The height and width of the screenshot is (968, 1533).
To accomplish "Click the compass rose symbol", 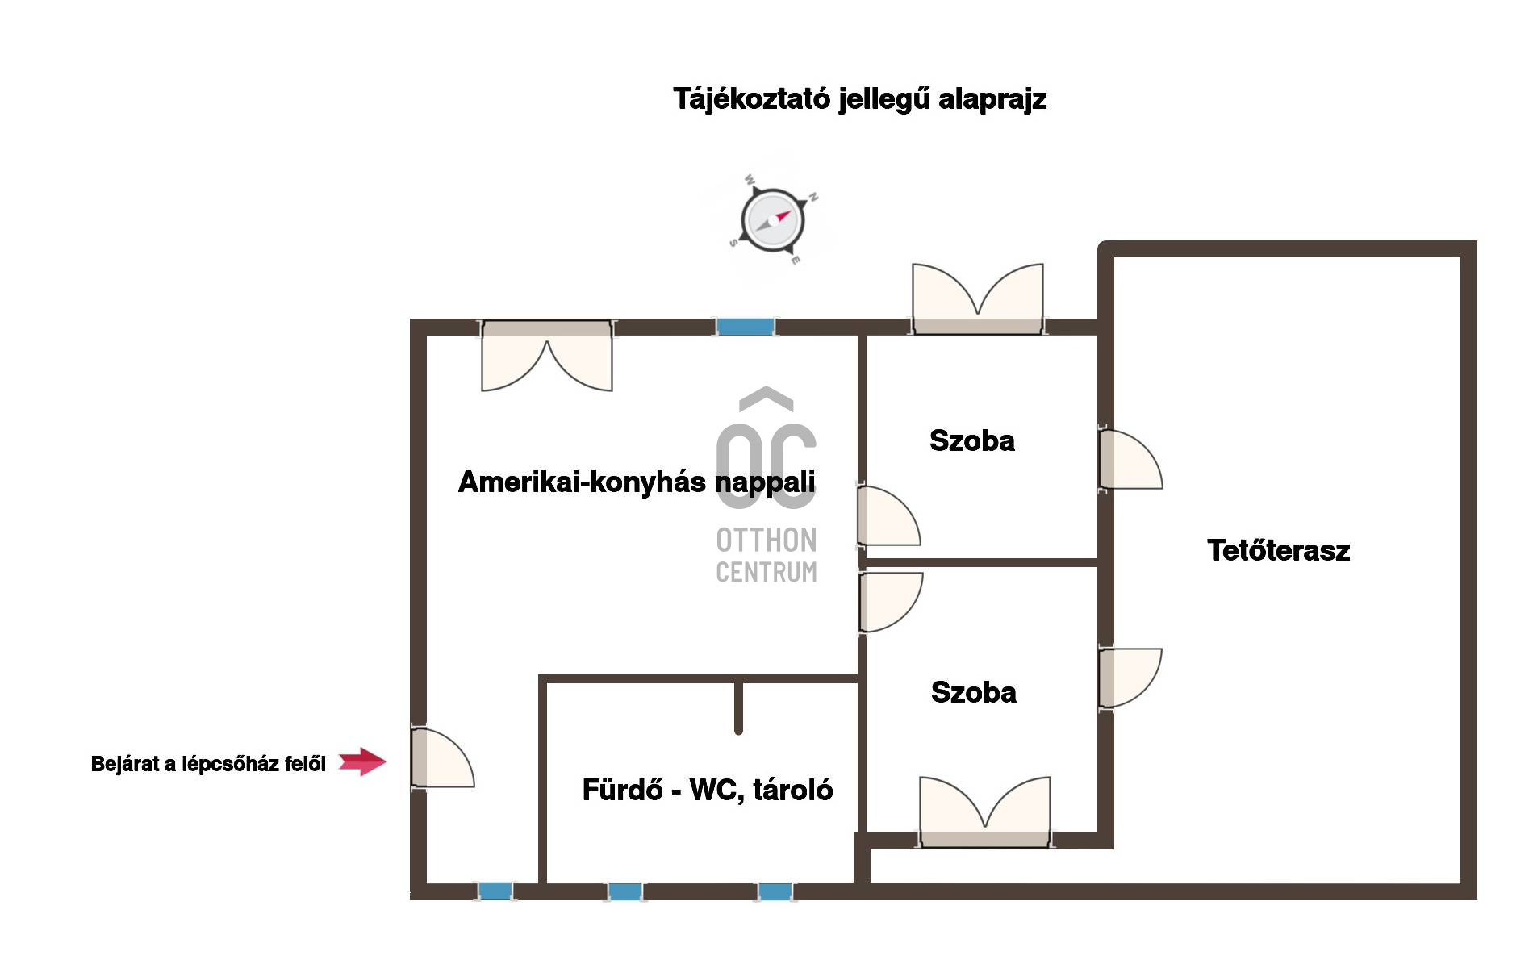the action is (773, 220).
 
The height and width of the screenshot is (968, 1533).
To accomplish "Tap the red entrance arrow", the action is (362, 761).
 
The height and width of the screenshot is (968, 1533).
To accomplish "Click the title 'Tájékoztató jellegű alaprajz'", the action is (860, 99).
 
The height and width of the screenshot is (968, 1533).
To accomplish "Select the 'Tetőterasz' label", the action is (1278, 550).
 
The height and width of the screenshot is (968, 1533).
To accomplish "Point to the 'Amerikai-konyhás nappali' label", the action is (637, 482).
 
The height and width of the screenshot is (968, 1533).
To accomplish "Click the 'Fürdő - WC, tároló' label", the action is (707, 790).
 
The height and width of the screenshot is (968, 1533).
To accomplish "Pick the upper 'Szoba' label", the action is (971, 440).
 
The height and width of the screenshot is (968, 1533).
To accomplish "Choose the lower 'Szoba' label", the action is (973, 692).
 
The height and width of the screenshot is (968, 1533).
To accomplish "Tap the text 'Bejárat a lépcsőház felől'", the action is (208, 764).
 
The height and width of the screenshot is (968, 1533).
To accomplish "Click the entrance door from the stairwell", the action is (441, 757).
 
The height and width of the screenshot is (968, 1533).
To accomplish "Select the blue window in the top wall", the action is (746, 327).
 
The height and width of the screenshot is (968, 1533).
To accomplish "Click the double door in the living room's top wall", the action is (546, 356).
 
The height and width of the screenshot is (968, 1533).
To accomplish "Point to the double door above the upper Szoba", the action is (977, 299).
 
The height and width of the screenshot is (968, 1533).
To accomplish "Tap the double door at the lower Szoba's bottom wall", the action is (985, 812).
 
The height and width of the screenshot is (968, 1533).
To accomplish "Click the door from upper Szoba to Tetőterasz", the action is (1130, 459).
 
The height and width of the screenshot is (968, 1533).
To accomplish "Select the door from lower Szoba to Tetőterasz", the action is (1130, 678).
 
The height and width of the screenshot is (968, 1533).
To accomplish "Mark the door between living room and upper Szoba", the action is (888, 515).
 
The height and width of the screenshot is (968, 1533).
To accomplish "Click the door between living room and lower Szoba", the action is (890, 602).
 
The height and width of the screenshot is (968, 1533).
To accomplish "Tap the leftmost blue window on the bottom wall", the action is (495, 891).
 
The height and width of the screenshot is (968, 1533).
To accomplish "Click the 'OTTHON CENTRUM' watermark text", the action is (766, 555).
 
